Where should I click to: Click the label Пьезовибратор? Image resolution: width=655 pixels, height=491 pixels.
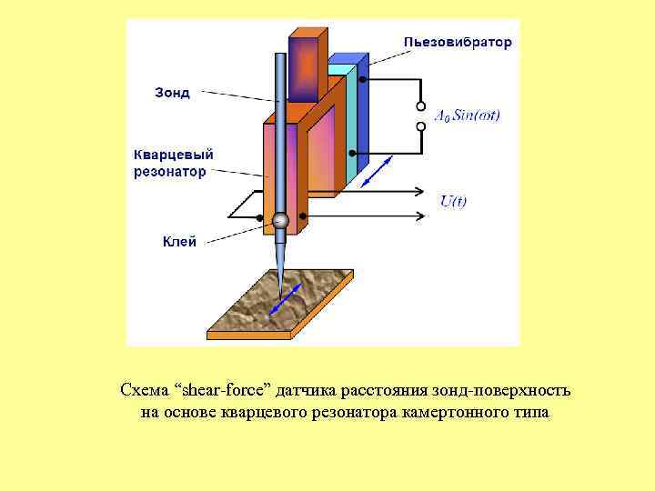click(x=458, y=42)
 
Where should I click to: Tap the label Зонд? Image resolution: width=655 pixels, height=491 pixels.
click(x=173, y=93)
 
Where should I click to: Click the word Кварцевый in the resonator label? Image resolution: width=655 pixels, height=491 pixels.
click(x=173, y=155)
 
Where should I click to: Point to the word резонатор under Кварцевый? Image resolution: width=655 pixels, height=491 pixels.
click(x=170, y=171)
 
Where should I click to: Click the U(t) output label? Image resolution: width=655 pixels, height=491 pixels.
click(x=452, y=202)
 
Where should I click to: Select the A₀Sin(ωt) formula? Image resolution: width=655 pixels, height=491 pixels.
click(x=468, y=115)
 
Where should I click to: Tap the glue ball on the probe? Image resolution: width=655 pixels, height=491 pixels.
click(x=280, y=220)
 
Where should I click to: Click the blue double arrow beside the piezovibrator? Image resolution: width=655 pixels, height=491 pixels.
click(x=377, y=171)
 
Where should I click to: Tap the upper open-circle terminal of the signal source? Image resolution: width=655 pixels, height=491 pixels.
click(x=420, y=102)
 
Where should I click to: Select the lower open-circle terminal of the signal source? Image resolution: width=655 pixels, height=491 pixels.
click(x=420, y=128)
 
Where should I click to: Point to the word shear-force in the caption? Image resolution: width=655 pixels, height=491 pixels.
click(x=220, y=391)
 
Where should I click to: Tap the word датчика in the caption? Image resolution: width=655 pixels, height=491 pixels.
click(x=307, y=391)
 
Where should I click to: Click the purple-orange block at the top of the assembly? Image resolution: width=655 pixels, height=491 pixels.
click(x=306, y=63)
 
